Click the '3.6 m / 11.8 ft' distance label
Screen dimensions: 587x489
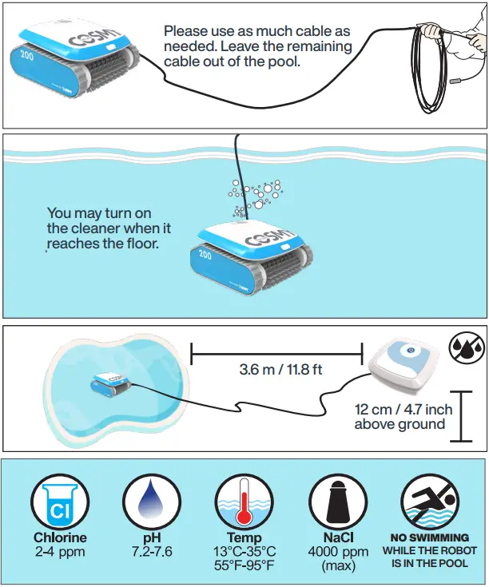coord(277,371)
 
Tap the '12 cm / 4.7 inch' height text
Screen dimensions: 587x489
coord(404,410)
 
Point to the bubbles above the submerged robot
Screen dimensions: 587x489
coord(254,196)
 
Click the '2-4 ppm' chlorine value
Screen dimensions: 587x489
coord(59,551)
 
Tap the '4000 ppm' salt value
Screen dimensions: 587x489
coord(338,552)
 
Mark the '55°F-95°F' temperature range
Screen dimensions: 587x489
coord(244,565)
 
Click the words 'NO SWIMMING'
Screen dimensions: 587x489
coord(429,537)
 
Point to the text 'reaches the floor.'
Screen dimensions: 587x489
coord(103,243)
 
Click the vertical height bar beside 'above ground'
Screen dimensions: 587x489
coord(462,415)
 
